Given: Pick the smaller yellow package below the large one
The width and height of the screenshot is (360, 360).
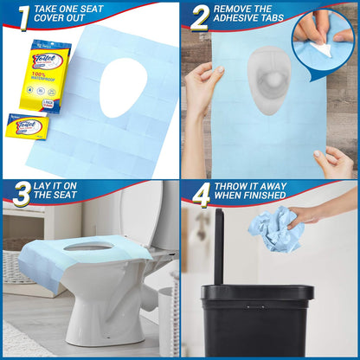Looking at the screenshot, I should pos(26,127).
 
